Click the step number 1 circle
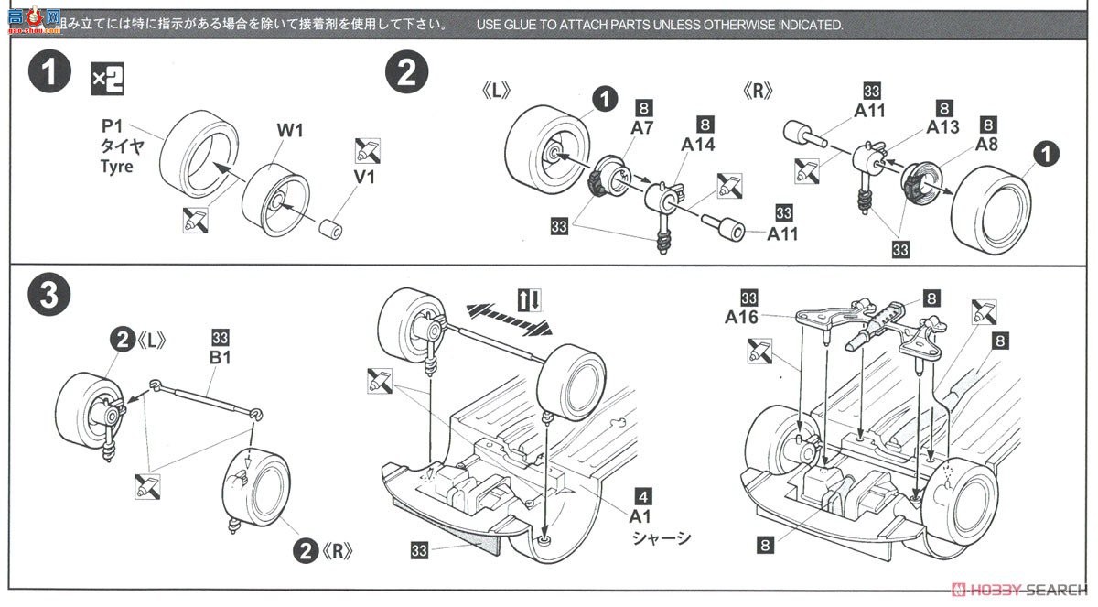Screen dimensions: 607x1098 pyautogui.click(x=48, y=74)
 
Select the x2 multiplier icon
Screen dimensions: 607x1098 pyautogui.click(x=107, y=81)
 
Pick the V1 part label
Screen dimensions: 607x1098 pyautogui.click(x=364, y=178)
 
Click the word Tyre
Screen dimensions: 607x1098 pyautogui.click(x=116, y=167)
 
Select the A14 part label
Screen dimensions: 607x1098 pyautogui.click(x=697, y=144)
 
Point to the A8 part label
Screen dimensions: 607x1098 pyautogui.click(x=986, y=144)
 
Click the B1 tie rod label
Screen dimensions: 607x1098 pyautogui.click(x=220, y=356)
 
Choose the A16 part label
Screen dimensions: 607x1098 pyautogui.click(x=742, y=317)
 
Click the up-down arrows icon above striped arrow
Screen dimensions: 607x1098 pyautogui.click(x=530, y=299)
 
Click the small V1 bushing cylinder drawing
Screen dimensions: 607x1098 pyautogui.click(x=332, y=227)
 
